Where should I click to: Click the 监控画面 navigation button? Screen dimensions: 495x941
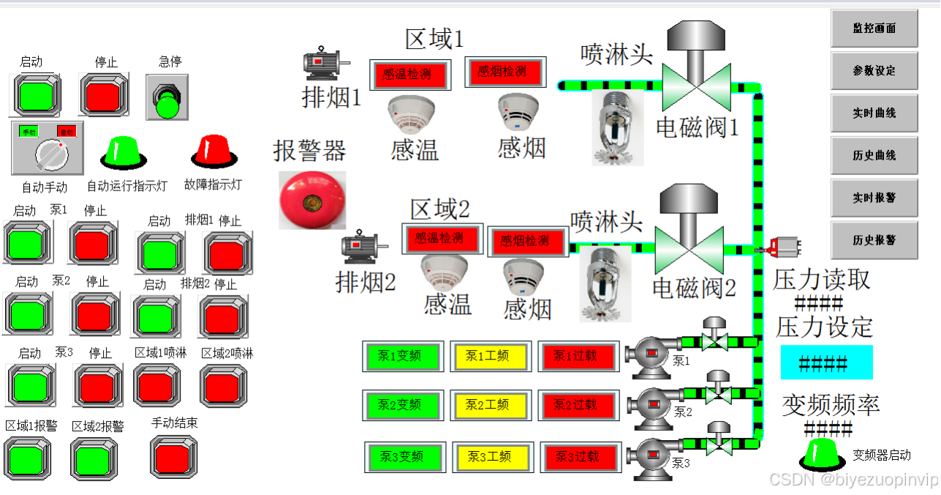[874, 29]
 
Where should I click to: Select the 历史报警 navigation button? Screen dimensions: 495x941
[874, 240]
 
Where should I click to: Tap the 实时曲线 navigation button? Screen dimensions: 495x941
[874, 113]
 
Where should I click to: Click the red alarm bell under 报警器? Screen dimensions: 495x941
[312, 199]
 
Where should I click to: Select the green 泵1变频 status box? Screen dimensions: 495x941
[401, 357]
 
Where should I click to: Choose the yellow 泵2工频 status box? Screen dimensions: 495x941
[488, 405]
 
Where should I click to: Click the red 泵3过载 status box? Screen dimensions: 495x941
[578, 457]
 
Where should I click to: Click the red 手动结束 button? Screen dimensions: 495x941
[174, 455]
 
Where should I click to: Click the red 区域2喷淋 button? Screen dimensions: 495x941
[223, 384]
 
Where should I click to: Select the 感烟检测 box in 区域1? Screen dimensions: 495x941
[503, 72]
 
